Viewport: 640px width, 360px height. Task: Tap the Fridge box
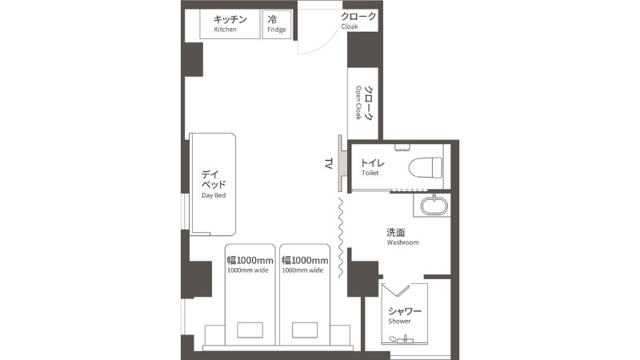pyautogui.click(x=277, y=25)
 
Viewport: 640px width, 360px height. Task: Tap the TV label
pyautogui.click(x=328, y=164)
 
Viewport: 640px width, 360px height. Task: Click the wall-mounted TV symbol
pyautogui.click(x=342, y=163)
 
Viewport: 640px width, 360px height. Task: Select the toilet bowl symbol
pyautogui.click(x=426, y=168)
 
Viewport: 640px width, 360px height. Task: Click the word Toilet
pyautogui.click(x=370, y=173)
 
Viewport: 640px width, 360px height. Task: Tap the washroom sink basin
pyautogui.click(x=434, y=206)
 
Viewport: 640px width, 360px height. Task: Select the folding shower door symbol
pyautogui.click(x=396, y=290)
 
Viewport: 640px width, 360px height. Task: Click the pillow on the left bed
pyautogui.click(x=250, y=330)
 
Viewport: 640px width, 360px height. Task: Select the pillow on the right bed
pyautogui.click(x=305, y=330)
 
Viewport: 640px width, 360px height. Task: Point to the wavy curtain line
pyautogui.click(x=341, y=238)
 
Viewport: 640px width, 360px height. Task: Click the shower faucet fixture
pyautogui.click(x=405, y=338)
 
